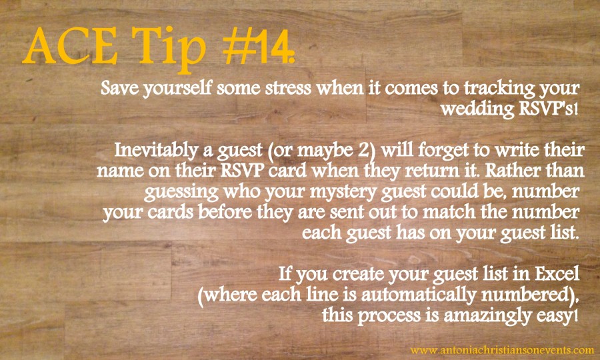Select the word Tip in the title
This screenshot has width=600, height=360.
point(174,45)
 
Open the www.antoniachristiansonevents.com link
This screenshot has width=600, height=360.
point(502,349)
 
